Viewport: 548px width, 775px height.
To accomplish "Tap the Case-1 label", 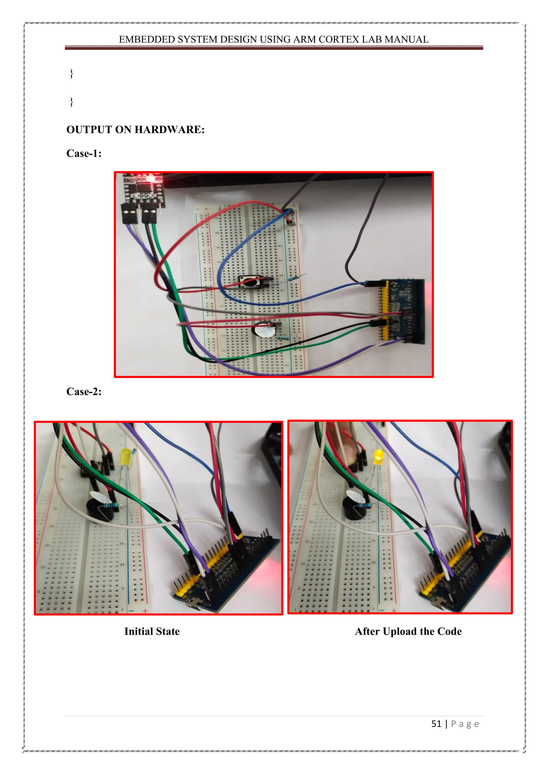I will pyautogui.click(x=84, y=154).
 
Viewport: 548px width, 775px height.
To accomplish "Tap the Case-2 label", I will pyautogui.click(x=84, y=392).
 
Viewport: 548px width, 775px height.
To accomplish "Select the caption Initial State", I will pyautogui.click(x=152, y=631).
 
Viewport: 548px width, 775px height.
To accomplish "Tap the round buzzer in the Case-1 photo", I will pyautogui.click(x=263, y=331).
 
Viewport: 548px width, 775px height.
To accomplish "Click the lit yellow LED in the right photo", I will pyautogui.click(x=378, y=456).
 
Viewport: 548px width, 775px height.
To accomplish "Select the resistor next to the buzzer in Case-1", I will pyautogui.click(x=282, y=339).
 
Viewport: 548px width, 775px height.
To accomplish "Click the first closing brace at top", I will pyautogui.click(x=71, y=73).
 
